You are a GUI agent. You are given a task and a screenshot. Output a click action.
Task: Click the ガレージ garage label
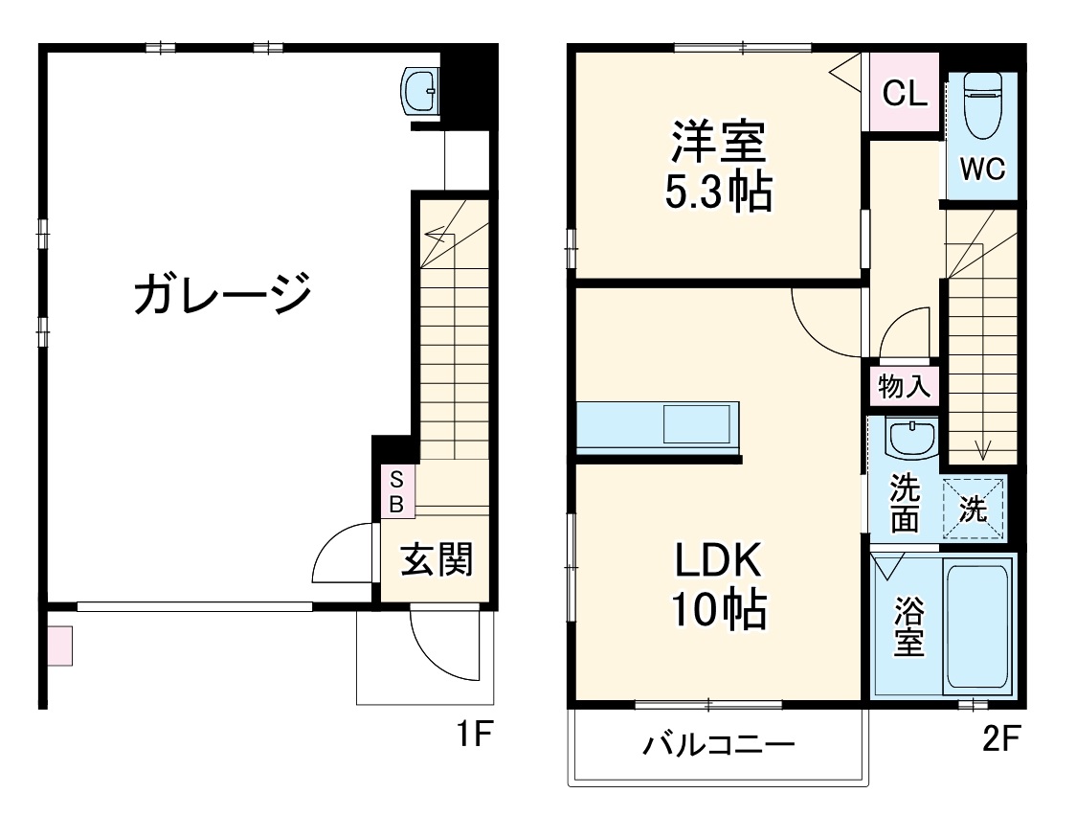(x=222, y=293)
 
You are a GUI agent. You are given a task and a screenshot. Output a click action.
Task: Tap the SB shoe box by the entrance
(x=394, y=491)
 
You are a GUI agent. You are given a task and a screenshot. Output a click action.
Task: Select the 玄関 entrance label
(x=436, y=559)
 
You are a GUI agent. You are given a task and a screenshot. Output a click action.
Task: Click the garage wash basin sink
(x=420, y=92)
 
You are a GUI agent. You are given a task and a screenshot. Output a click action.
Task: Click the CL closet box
(x=905, y=94)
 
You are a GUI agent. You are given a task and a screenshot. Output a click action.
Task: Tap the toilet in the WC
(x=980, y=106)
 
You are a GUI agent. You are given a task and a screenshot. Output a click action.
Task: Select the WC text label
(x=982, y=170)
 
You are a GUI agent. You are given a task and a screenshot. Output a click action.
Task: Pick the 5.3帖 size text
(x=718, y=193)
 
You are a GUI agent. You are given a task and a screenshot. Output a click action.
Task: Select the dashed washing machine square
(x=974, y=509)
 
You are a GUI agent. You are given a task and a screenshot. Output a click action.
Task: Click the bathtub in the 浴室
(x=976, y=628)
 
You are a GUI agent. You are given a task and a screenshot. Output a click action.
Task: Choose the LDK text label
(x=718, y=560)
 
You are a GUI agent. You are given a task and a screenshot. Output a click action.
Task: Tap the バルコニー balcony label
(x=718, y=744)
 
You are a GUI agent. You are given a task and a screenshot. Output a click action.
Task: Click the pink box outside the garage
(x=59, y=645)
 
